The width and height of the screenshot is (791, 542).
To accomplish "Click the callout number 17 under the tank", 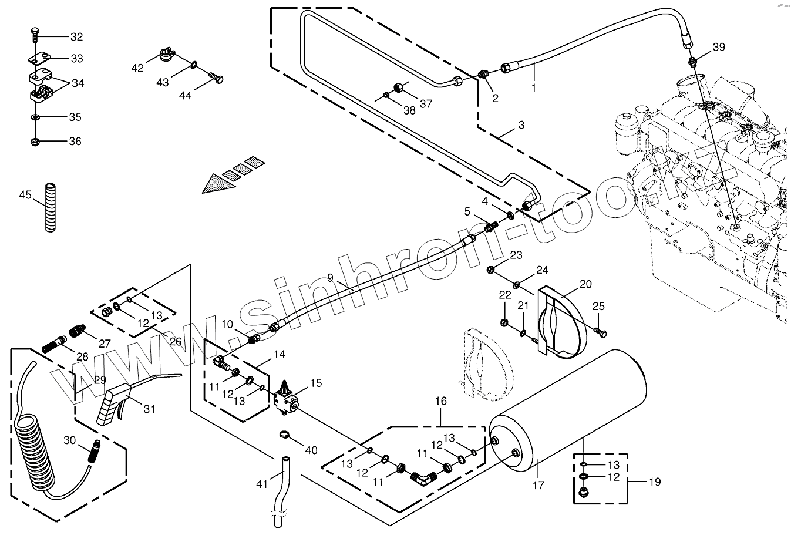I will (x=538, y=485).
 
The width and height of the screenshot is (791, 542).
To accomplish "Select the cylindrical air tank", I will (x=567, y=411).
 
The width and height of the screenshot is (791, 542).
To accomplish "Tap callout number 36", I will (x=75, y=141).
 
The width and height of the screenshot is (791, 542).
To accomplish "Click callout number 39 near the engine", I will (x=719, y=46).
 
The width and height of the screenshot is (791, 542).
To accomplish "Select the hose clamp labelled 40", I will (x=284, y=435).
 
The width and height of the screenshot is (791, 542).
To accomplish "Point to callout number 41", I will (x=262, y=484).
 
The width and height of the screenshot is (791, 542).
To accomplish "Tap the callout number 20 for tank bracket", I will (x=585, y=284).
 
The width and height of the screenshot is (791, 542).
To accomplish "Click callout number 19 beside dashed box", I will (x=655, y=482).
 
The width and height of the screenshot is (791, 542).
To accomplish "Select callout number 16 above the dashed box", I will (x=441, y=400).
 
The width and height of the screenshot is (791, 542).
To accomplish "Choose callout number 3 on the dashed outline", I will (x=521, y=124).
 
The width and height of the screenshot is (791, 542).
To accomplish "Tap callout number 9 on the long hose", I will (x=330, y=277).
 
